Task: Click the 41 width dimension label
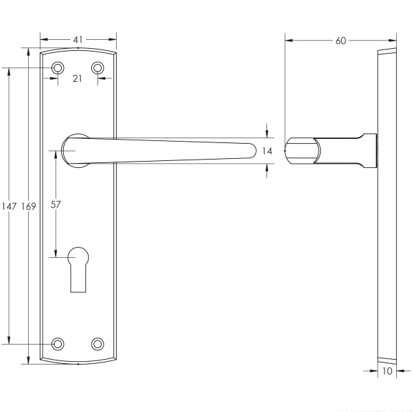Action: click(78, 40)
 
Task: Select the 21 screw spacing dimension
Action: click(77, 78)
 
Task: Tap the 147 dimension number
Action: click(9, 206)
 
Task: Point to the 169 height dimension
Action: click(28, 206)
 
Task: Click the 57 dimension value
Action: click(56, 204)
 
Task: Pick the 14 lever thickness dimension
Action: click(267, 151)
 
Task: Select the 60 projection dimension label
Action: click(341, 41)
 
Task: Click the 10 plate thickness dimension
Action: click(387, 371)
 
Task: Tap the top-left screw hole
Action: click(58, 68)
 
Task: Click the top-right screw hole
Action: click(98, 68)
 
